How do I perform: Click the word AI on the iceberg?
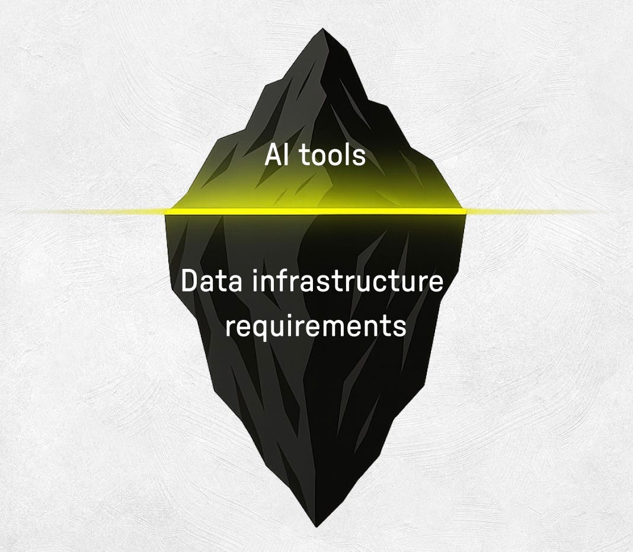277,156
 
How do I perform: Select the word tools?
331,156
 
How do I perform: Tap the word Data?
211,282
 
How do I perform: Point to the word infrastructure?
347,282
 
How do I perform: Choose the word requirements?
315,327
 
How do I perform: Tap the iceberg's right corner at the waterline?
466,211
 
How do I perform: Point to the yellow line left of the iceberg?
89,211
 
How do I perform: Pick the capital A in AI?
273,156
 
